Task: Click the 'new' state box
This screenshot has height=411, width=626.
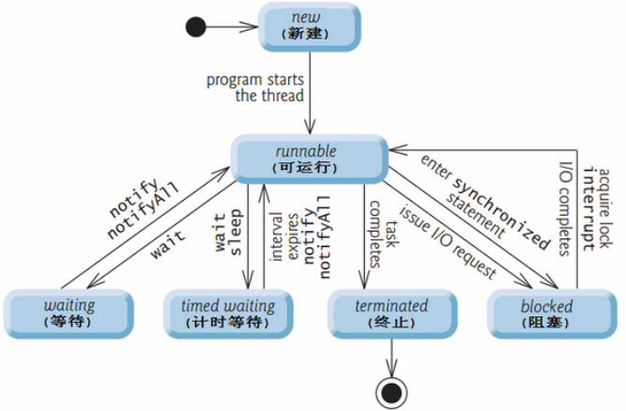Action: pos(310,26)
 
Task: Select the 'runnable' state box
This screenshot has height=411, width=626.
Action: pos(310,159)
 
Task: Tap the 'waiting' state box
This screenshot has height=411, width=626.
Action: pos(69,313)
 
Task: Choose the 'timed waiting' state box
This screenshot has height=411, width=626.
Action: pos(228,313)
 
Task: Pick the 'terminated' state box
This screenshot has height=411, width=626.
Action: pos(392,313)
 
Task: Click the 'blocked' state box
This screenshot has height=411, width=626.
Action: pos(552,313)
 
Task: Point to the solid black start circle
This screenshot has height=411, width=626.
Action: pos(196,27)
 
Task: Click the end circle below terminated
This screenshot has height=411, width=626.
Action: pos(391,393)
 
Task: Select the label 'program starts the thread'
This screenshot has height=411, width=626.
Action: pos(255,88)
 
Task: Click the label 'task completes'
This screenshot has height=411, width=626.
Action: pos(382,235)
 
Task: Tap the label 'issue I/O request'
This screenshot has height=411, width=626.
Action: pos(448,242)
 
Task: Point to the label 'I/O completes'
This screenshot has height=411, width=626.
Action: pos(565,208)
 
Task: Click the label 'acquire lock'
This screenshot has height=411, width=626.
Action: pos(604,208)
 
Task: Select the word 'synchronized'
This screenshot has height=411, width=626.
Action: pos(502,214)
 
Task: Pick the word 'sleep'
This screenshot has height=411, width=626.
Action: pos(235,232)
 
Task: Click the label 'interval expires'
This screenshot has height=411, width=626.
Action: pos(284,237)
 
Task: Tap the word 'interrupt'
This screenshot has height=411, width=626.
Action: pos(589,209)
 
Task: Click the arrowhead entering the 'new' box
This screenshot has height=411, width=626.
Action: pos(250,27)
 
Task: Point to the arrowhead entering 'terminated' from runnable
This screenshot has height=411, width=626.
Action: pos(364,280)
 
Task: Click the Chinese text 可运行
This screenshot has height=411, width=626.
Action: pos(305,167)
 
